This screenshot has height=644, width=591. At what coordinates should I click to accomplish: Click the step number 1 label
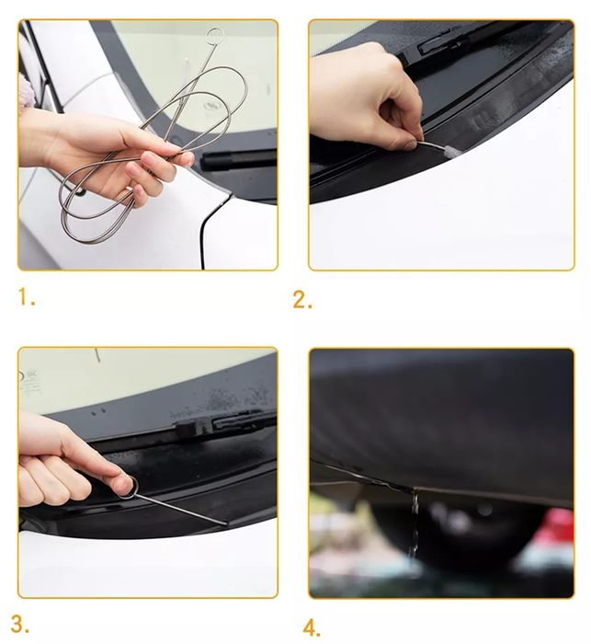coord(27,297)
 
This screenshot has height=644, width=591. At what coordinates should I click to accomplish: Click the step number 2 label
coord(302,299)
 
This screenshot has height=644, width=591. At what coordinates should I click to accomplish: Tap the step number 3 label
coord(19,625)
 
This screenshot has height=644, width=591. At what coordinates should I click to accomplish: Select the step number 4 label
coord(312,628)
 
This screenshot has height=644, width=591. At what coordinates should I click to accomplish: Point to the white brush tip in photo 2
coord(441,148)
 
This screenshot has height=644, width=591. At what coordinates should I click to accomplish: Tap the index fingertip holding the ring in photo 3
coord(122,486)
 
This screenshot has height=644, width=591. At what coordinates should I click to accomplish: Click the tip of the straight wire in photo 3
coord(226,524)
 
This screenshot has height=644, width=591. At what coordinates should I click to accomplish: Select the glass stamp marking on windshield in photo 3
coord(29,382)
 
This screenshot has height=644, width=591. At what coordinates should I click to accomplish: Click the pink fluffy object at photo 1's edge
coord(25,92)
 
